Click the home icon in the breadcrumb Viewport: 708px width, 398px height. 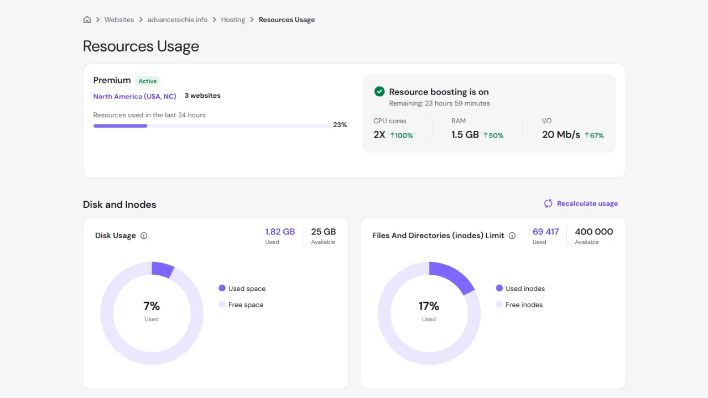pyautogui.click(x=87, y=20)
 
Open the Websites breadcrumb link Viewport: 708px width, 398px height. pyautogui.click(x=119, y=20)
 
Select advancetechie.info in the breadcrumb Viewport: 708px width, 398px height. pyautogui.click(x=178, y=20)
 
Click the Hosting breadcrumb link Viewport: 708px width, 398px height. pyautogui.click(x=233, y=20)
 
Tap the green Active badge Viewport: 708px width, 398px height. pyautogui.click(x=148, y=81)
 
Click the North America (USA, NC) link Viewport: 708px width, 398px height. pyautogui.click(x=134, y=96)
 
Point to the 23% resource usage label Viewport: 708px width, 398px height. pyautogui.click(x=340, y=125)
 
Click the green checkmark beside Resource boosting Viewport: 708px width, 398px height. pyautogui.click(x=379, y=92)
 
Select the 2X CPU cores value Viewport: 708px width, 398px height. pyautogui.click(x=379, y=135)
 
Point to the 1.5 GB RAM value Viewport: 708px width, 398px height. pyautogui.click(x=465, y=135)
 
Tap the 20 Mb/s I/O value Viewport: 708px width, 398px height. pyautogui.click(x=561, y=135)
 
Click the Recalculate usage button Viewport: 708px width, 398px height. pyautogui.click(x=581, y=203)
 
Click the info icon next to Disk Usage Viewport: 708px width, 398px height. pyautogui.click(x=144, y=235)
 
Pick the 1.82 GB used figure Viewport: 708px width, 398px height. pyautogui.click(x=280, y=232)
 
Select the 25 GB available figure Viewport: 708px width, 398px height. pyautogui.click(x=323, y=232)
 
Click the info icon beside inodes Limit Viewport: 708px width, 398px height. pyautogui.click(x=512, y=235)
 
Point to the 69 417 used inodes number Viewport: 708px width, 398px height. pyautogui.click(x=545, y=232)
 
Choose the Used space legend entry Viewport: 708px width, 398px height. pyautogui.click(x=242, y=289)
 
